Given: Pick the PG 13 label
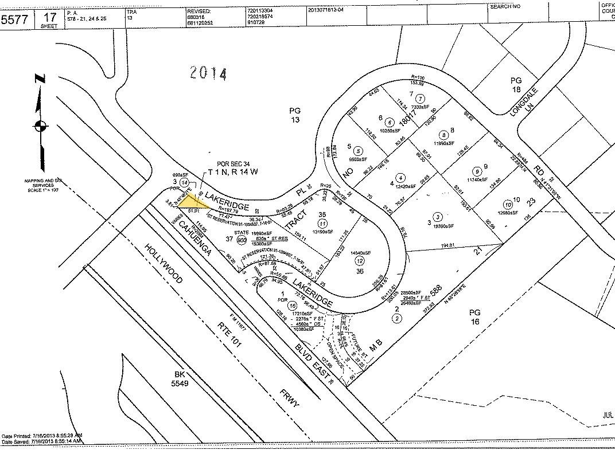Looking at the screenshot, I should pos(295,115).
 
